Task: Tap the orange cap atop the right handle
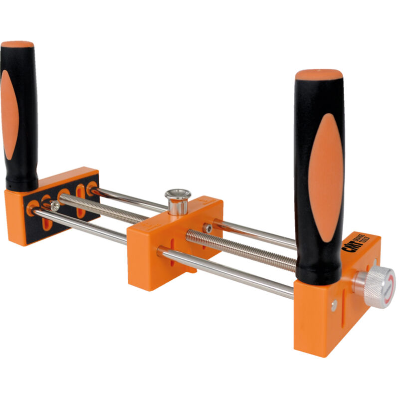click(318, 76)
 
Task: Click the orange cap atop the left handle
click(17, 44)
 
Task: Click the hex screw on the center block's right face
click(207, 228)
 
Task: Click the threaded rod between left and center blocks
click(100, 207)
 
